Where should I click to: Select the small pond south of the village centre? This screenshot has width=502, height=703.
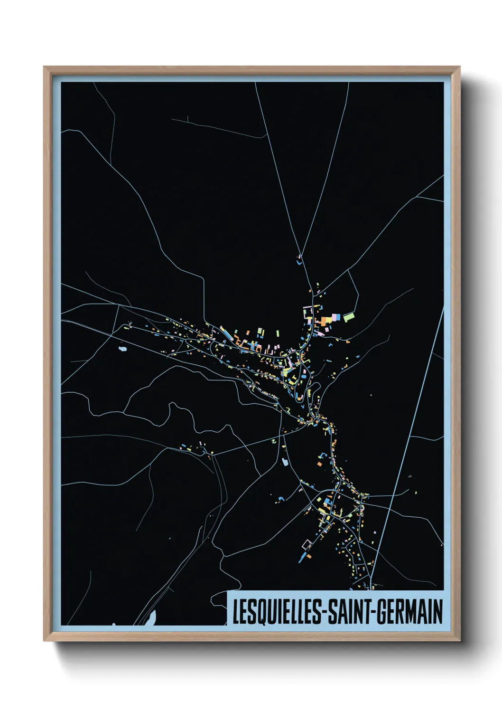285,461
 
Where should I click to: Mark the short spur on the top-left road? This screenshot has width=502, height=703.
188,119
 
